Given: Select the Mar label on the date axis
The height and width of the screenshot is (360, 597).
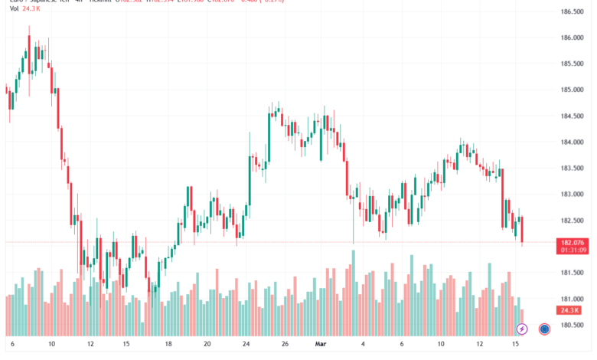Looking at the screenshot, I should (321, 345).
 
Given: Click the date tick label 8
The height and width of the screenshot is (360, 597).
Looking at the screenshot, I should (11, 345).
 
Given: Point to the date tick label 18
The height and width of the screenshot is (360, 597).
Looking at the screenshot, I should (168, 345).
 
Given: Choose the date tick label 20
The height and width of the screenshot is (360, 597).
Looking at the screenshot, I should (207, 345).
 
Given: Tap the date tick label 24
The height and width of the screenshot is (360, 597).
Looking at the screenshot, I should (246, 345).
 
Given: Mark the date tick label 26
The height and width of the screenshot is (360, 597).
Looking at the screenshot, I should (285, 345).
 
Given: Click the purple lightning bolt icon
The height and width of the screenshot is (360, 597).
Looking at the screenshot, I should (522, 329).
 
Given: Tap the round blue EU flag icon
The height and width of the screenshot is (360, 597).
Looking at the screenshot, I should (544, 329).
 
